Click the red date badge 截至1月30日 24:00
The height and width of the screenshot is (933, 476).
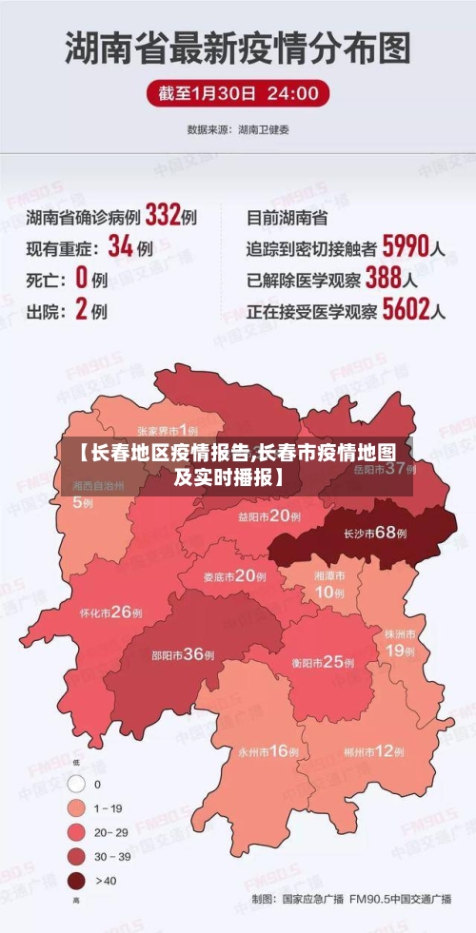[x=238, y=93]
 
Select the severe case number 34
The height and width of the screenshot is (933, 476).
[x=120, y=247]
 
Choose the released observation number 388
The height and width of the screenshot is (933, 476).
[x=383, y=279]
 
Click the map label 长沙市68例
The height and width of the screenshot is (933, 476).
[x=375, y=534]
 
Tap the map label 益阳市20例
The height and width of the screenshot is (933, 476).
[x=269, y=516]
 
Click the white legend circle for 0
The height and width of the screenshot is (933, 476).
[x=76, y=785]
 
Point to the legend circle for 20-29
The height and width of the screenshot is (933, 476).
[x=76, y=832]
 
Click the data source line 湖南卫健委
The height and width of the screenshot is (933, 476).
[x=238, y=128]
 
